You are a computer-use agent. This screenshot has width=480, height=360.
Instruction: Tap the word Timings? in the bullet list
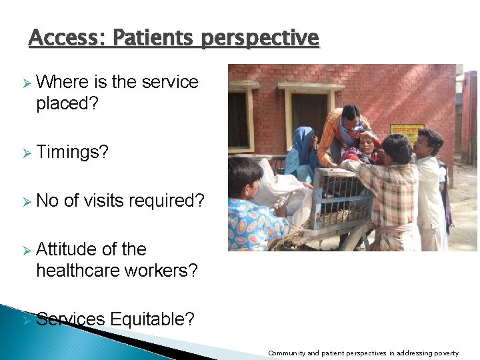72,152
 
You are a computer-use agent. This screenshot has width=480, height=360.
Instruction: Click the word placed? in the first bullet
67,103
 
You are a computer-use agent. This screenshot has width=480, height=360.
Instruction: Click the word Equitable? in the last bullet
153,319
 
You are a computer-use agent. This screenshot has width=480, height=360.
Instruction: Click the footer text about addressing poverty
363,353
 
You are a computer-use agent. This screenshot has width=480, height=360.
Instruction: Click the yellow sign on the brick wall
407,133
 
